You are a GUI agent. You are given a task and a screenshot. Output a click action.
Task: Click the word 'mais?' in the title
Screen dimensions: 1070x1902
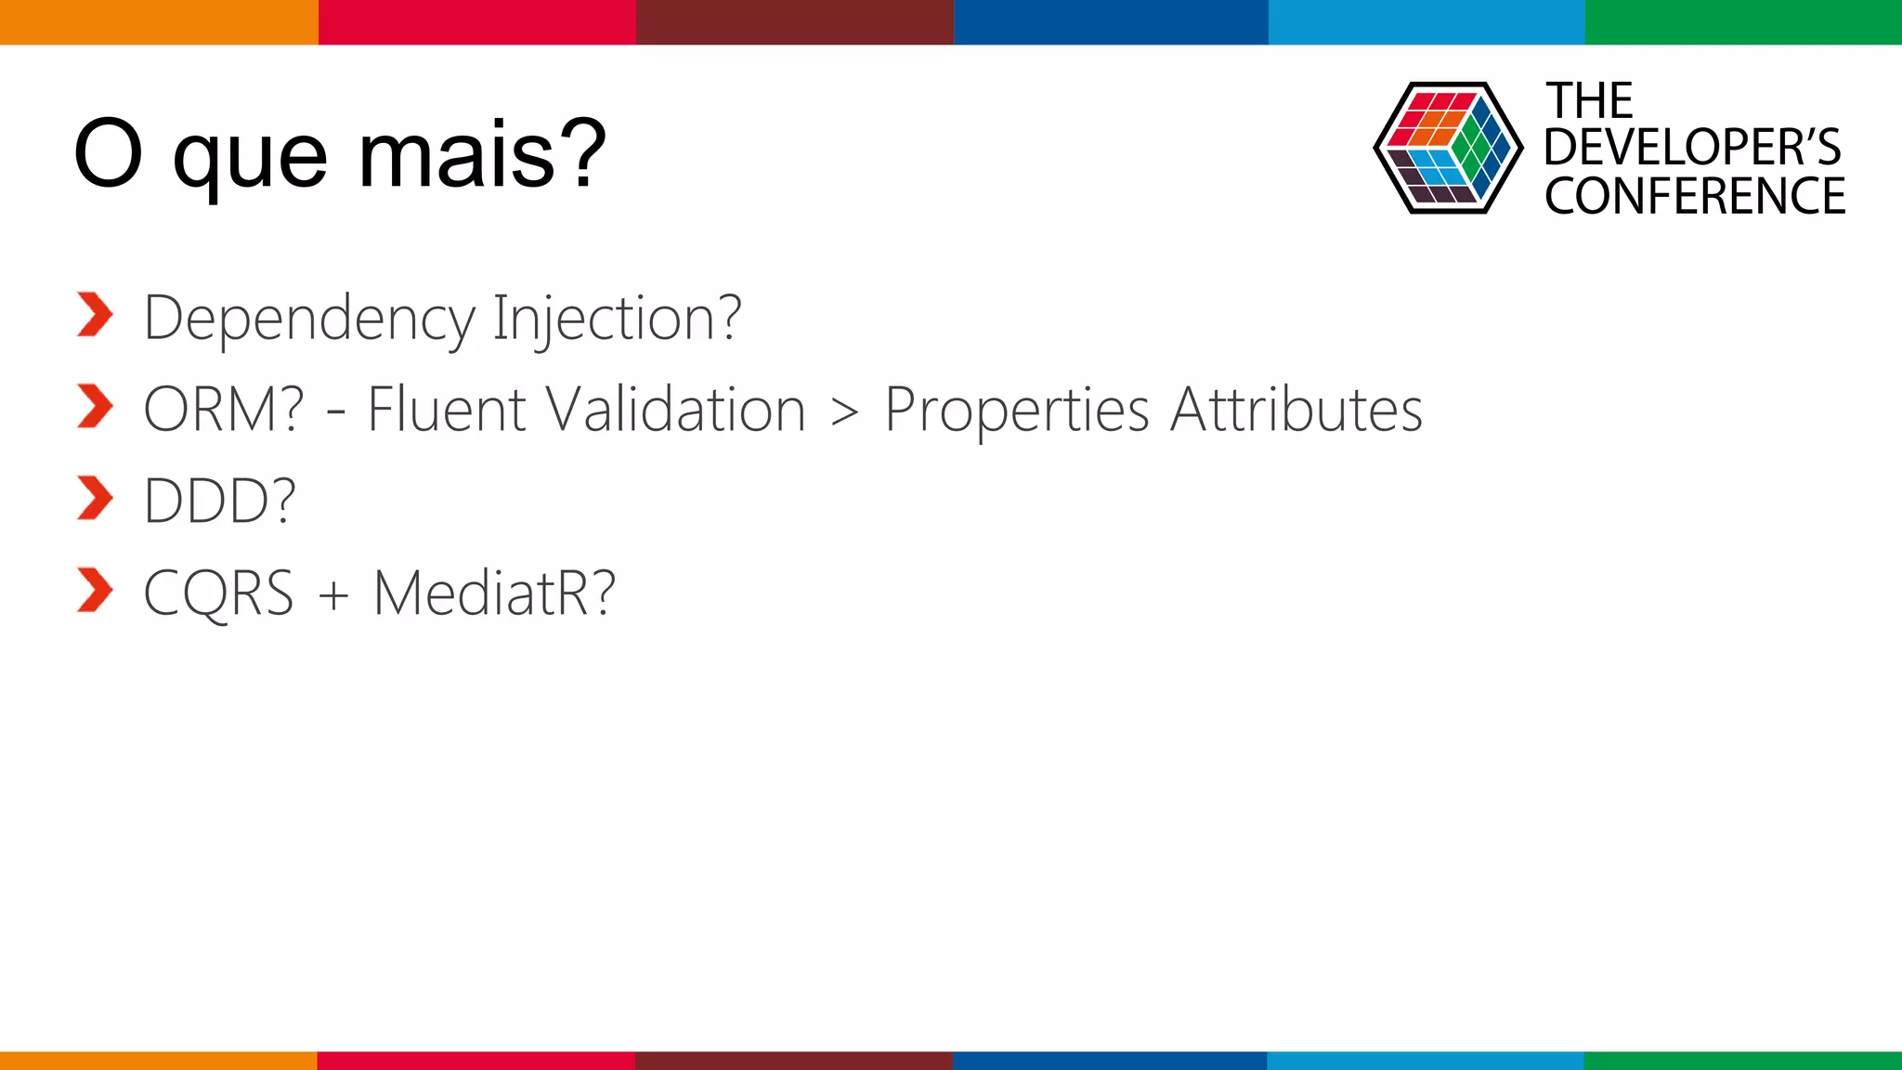482,154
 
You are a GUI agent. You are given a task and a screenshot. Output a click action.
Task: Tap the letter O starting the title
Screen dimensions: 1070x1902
108,154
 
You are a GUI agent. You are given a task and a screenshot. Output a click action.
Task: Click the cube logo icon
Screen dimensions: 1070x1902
1447,148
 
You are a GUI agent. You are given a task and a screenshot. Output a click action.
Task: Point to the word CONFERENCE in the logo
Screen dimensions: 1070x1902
1694,197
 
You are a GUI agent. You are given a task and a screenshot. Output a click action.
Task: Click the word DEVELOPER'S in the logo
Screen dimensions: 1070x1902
1692,148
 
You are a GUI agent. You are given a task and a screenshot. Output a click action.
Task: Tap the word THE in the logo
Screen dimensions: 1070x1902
1588,100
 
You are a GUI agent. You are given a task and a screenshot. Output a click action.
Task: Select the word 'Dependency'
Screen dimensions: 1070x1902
309,320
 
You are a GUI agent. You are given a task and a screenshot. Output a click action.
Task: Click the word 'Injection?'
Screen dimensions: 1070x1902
617,320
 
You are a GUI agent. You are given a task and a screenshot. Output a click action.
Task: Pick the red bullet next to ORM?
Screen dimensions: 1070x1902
95,406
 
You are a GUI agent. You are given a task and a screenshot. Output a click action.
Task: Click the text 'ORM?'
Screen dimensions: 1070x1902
224,410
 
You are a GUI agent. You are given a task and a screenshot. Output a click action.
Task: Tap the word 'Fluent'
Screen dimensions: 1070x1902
447,410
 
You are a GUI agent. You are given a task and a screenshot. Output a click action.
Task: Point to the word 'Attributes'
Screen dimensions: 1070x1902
1296,410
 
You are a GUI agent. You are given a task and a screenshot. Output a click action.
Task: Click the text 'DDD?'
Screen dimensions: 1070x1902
220,502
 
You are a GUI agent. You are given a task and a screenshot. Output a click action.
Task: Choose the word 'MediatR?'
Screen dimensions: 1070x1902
494,593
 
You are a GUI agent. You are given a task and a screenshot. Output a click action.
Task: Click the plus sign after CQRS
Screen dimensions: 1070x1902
333,594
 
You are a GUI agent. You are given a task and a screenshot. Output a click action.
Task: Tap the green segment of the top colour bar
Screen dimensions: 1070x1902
1742,21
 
